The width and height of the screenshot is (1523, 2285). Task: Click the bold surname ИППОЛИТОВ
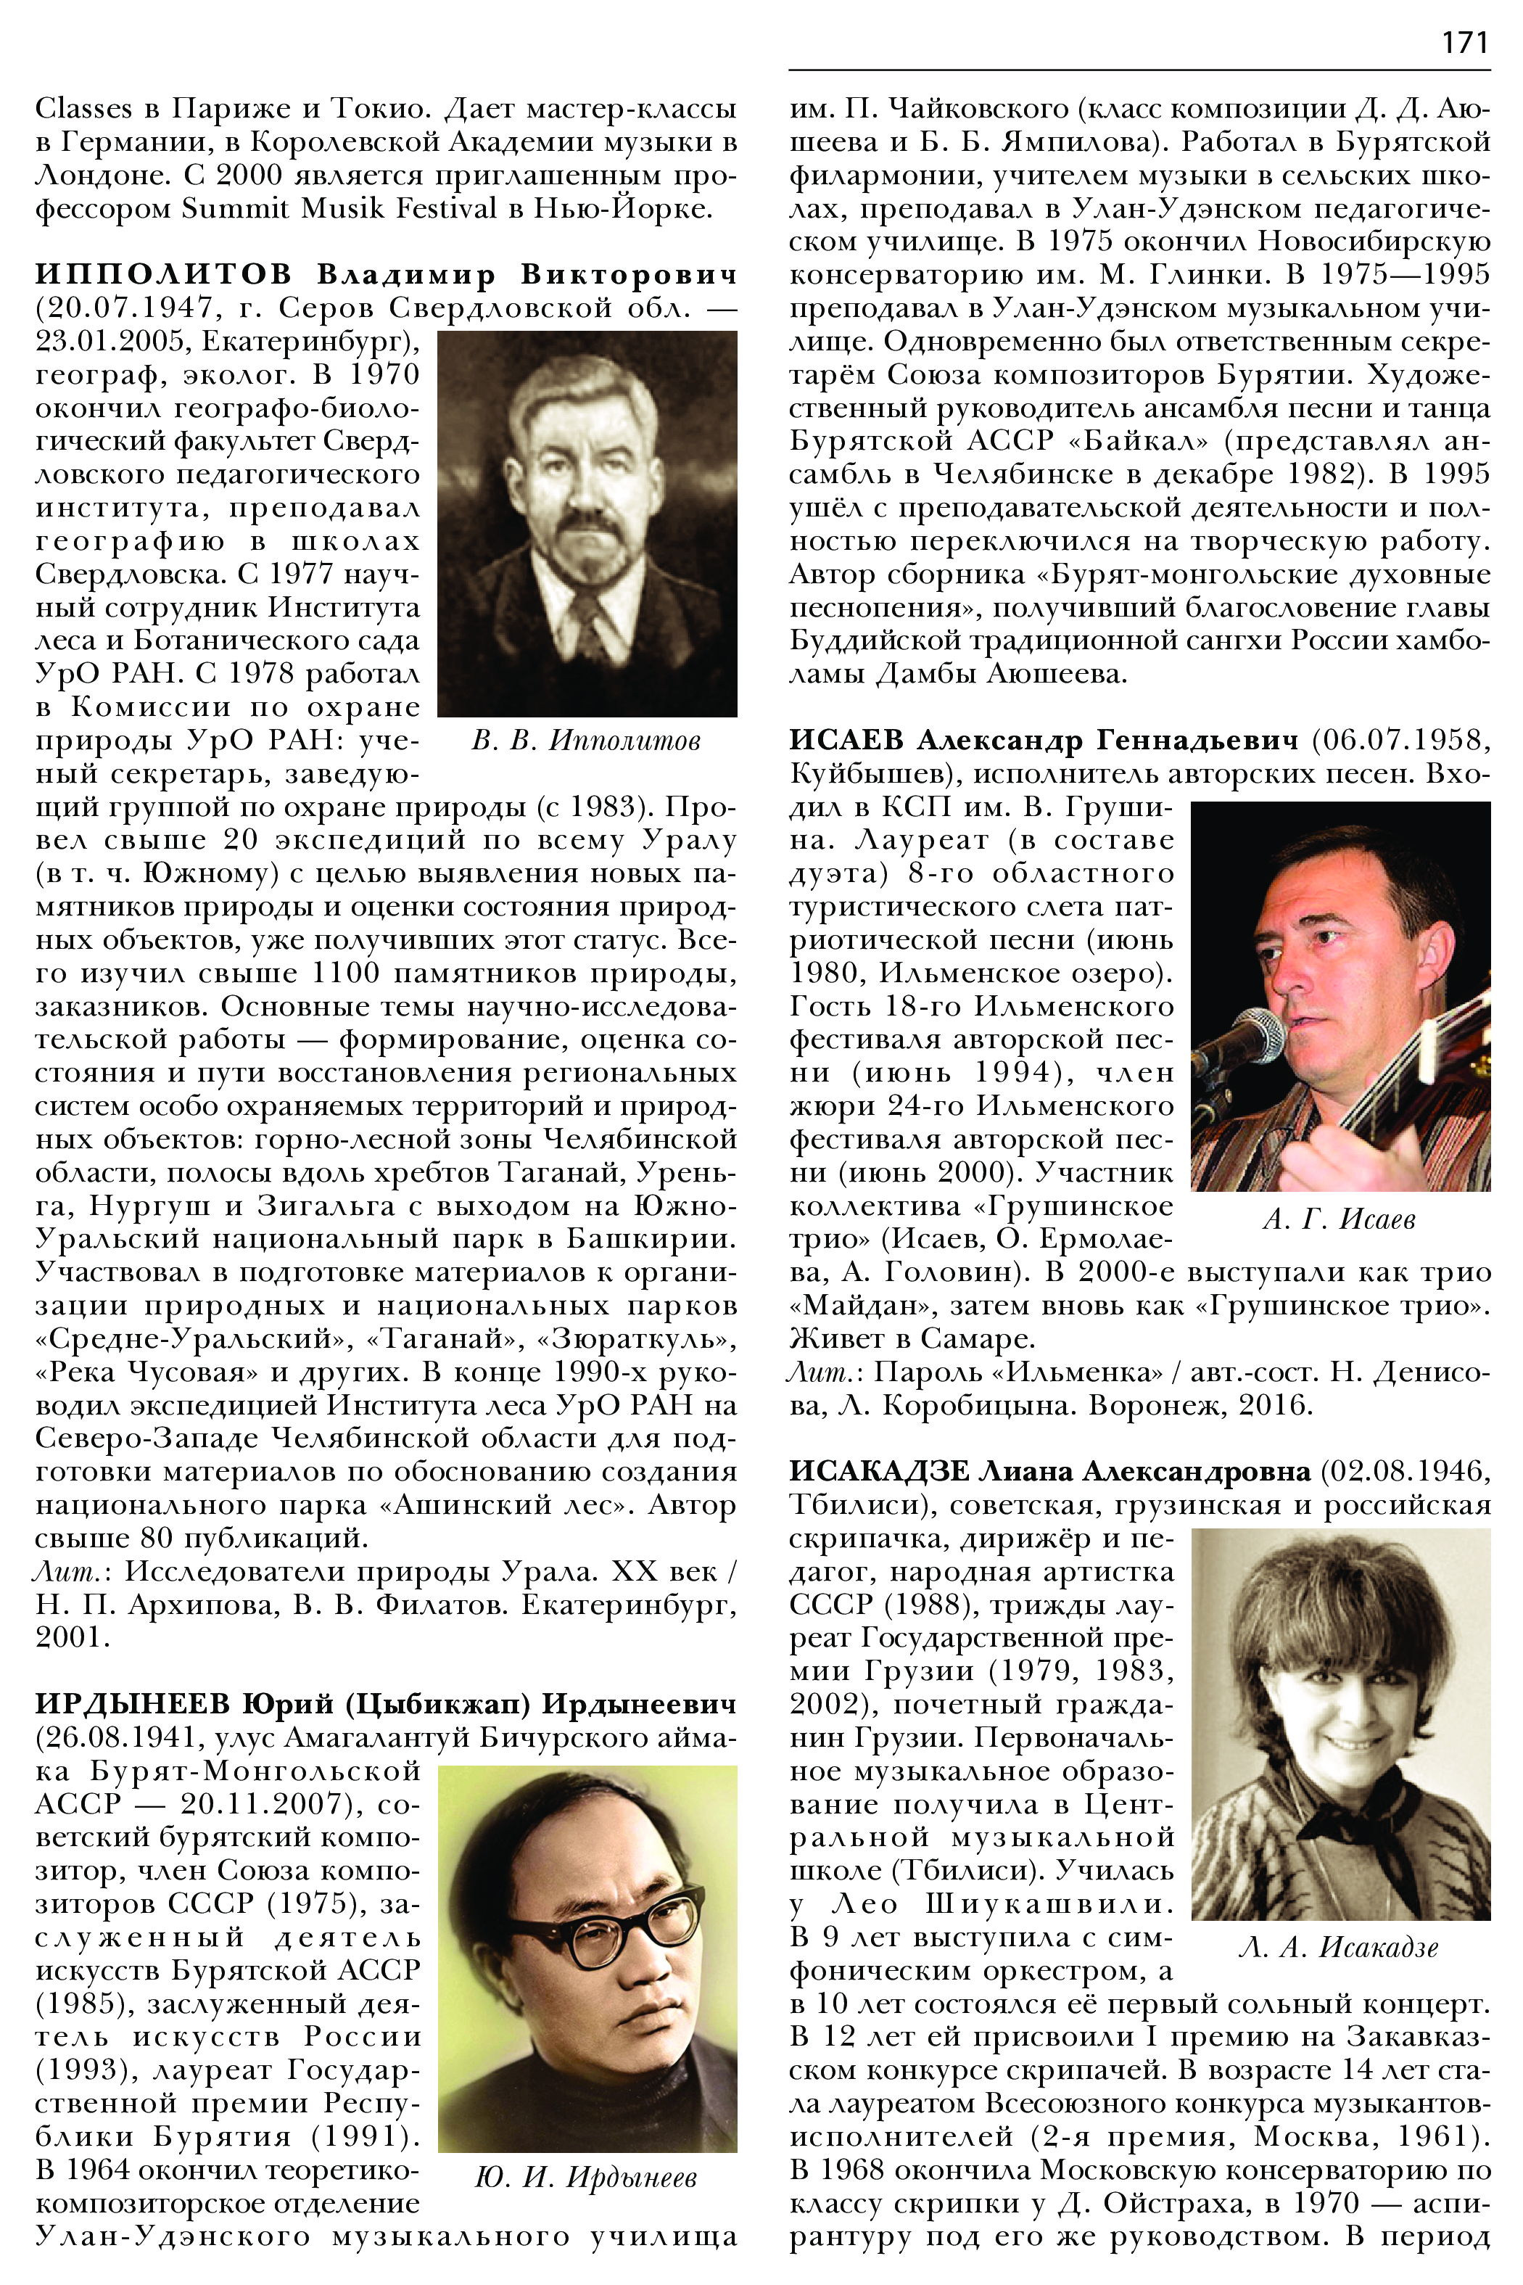pos(163,275)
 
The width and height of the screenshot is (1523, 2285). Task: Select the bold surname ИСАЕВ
pos(846,741)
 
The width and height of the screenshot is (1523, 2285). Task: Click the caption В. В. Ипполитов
pos(586,741)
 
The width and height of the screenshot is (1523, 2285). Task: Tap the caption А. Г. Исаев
pos(1340,1219)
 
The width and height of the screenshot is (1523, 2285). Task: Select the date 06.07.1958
pos(1400,741)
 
